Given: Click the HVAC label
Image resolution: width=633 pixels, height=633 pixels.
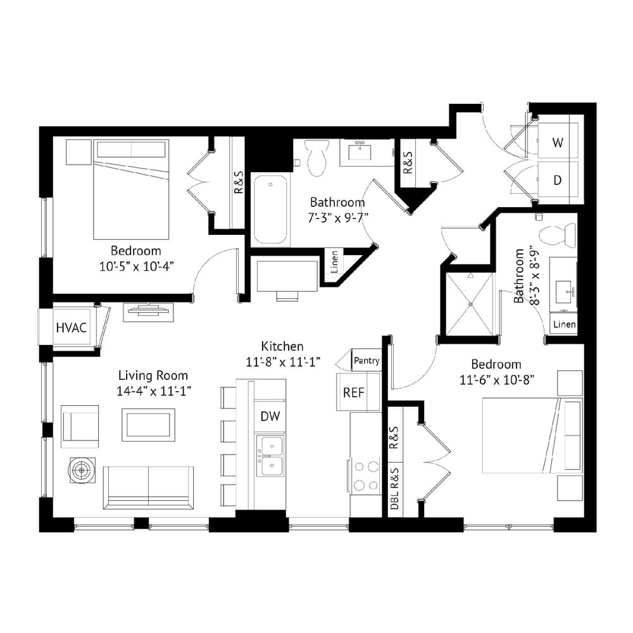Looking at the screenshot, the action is pos(71,327).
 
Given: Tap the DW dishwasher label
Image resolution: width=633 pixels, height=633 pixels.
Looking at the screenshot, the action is pos(270,417).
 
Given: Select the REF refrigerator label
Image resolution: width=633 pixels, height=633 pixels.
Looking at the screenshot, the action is pos(354,392).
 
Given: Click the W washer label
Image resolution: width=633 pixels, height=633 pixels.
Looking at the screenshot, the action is pos(558,142).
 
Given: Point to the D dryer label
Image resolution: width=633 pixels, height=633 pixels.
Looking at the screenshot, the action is pos(558,180).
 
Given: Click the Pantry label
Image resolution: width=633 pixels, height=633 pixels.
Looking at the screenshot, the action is pos(367,361).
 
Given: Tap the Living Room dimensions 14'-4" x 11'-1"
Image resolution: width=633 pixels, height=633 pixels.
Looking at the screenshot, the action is pos(153,391).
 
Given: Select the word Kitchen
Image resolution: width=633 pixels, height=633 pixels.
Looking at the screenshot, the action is pos(282,346).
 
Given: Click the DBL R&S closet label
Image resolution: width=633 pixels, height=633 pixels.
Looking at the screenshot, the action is pos(394,489).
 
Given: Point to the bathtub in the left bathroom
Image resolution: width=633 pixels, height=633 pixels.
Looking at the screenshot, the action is pos(270,210).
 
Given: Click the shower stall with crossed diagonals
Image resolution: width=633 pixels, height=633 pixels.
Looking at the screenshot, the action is pos(470,304).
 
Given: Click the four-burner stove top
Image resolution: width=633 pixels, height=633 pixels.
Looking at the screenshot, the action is pos(365,475).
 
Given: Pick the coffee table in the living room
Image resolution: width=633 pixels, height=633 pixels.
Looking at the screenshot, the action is pos(149,425).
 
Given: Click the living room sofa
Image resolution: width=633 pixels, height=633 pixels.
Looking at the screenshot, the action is pos(149,487).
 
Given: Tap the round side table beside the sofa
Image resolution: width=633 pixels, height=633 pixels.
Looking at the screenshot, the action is pos(82,470).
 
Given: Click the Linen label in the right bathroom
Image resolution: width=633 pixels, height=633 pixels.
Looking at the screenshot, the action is pos(565,324).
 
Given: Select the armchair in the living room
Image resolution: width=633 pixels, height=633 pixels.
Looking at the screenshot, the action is pos(80,427).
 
